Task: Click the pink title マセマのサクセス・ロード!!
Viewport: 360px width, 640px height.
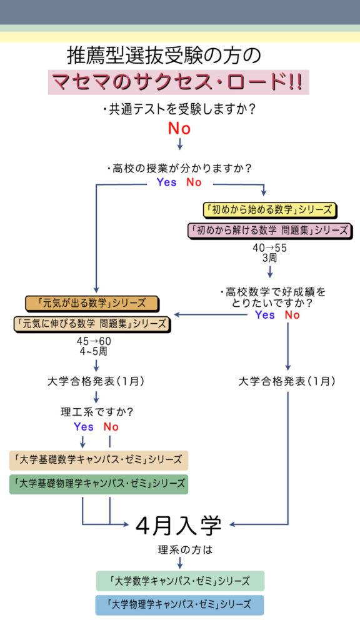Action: pyautogui.click(x=178, y=82)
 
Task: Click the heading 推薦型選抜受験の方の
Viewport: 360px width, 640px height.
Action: pyautogui.click(x=164, y=56)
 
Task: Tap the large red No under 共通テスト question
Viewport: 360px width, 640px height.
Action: pyautogui.click(x=179, y=129)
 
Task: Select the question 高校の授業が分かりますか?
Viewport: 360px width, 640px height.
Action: pyautogui.click(x=179, y=167)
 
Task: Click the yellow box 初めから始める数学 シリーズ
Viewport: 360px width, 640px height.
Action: pyautogui.click(x=269, y=210)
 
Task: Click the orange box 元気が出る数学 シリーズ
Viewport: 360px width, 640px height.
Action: pyautogui.click(x=91, y=304)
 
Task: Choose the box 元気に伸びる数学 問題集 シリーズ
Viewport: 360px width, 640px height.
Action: pyautogui.click(x=91, y=324)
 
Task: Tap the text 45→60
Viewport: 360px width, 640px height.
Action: pyautogui.click(x=94, y=341)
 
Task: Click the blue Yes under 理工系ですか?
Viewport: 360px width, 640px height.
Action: pyautogui.click(x=84, y=427)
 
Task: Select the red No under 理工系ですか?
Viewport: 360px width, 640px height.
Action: pyautogui.click(x=111, y=427)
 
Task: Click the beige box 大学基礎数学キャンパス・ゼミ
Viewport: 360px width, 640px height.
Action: pyautogui.click(x=99, y=461)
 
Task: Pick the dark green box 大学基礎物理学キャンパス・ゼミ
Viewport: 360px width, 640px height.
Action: pyautogui.click(x=99, y=484)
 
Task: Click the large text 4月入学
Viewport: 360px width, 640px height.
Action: pyautogui.click(x=178, y=526)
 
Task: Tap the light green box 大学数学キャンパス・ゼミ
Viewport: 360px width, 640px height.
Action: pyautogui.click(x=180, y=581)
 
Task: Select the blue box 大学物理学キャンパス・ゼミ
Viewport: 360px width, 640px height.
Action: pyautogui.click(x=179, y=605)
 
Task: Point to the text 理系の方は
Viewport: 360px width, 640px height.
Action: pyautogui.click(x=180, y=550)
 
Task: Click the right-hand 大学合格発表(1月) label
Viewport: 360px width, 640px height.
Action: pyautogui.click(x=287, y=382)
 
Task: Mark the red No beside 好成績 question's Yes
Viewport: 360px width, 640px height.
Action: pyautogui.click(x=292, y=315)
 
